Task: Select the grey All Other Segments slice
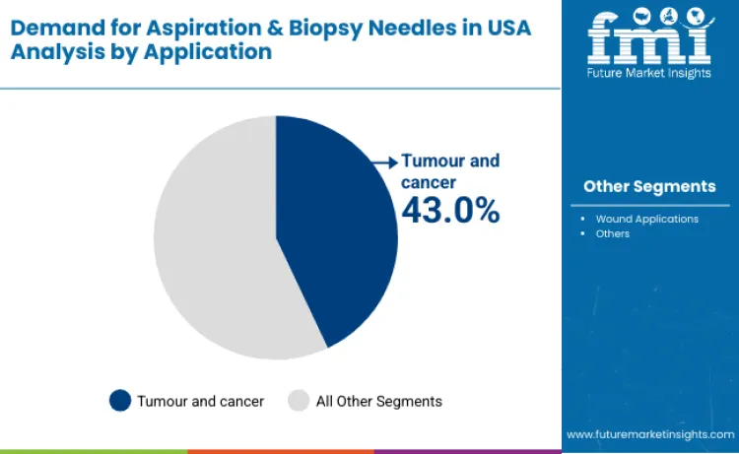click(x=212, y=246)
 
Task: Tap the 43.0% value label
click(x=449, y=210)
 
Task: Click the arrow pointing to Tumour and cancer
click(x=384, y=161)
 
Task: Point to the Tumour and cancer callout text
click(x=449, y=170)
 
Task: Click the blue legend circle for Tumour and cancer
click(x=120, y=401)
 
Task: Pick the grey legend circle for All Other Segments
click(x=300, y=401)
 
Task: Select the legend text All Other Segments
click(x=378, y=401)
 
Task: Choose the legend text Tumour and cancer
click(x=200, y=401)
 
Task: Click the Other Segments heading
click(x=649, y=186)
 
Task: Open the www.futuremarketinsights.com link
click(x=649, y=433)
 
